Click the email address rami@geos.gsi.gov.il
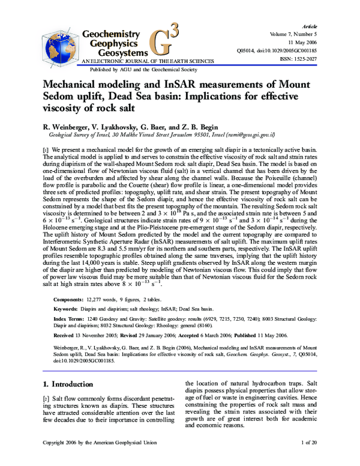pyautogui.click(x=247, y=135)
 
